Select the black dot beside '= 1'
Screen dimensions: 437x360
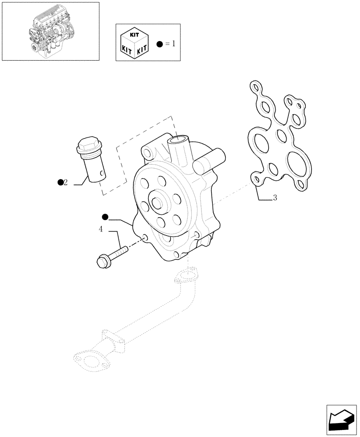159,44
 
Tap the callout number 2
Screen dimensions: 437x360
66,183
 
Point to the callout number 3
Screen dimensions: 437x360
275,198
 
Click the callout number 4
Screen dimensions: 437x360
101,229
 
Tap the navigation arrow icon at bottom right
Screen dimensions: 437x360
342,421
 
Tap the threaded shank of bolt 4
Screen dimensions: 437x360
118,252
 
